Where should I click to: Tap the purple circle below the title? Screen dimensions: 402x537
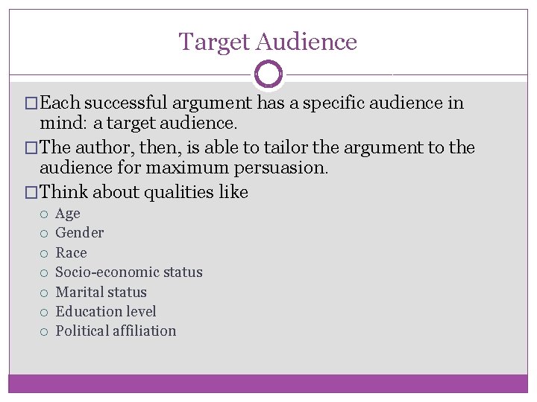pos(268,74)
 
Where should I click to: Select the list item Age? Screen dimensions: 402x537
pos(68,214)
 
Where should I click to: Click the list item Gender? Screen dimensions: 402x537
pos(80,233)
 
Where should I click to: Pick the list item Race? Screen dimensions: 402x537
pos(71,253)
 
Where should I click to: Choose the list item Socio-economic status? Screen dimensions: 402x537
pos(129,272)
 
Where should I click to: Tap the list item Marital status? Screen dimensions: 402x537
pos(101,292)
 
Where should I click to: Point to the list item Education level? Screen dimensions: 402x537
pos(106,311)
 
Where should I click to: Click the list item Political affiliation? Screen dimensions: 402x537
pos(116,331)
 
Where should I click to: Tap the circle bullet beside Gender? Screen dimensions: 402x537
pos(45,234)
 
